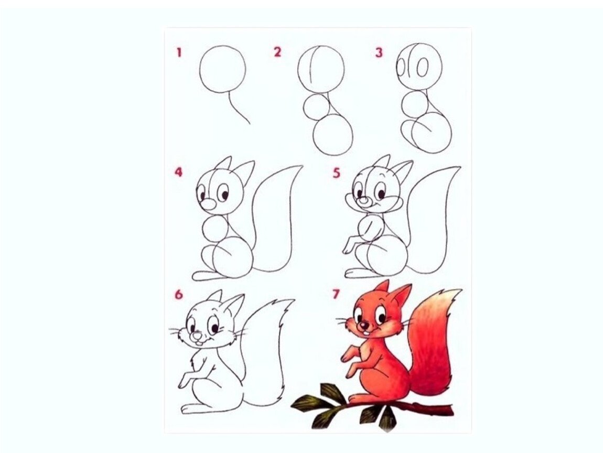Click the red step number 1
point(179,52)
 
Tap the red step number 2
point(277,52)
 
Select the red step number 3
point(379,52)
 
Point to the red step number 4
point(178,172)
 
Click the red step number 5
point(337,173)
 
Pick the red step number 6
point(178,295)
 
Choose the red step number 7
point(336,295)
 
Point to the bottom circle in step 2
point(333,134)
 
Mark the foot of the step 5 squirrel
point(358,273)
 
